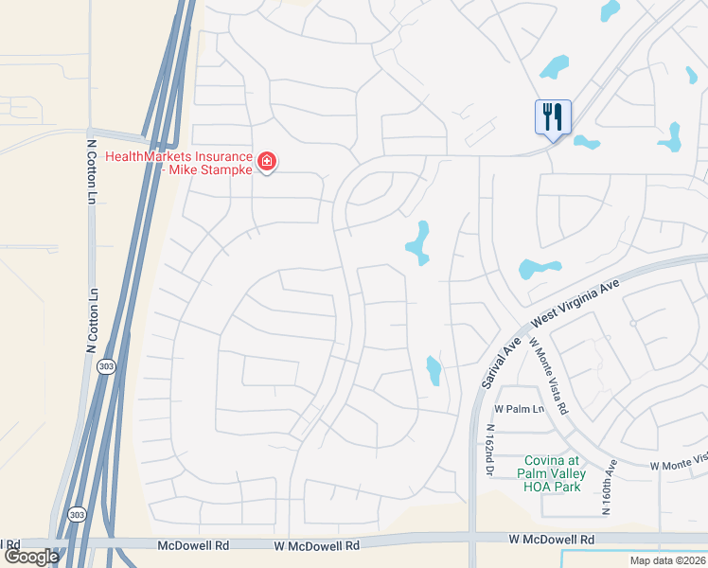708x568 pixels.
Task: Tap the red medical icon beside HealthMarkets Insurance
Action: pos(267,163)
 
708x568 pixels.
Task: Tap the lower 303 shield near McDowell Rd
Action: pos(75,514)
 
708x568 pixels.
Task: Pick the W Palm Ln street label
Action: pos(520,409)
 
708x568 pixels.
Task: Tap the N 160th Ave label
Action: pos(610,487)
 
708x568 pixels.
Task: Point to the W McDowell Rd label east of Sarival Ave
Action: pos(554,539)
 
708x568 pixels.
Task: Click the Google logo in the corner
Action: pos(31,557)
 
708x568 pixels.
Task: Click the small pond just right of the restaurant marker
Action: pos(586,144)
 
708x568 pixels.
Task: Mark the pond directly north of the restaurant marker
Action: pos(554,67)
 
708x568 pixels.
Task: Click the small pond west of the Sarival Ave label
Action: pos(434,370)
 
